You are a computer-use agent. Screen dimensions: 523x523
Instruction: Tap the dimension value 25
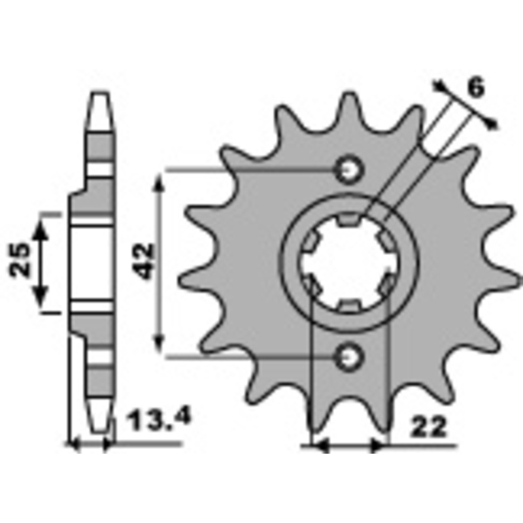coord(21,260)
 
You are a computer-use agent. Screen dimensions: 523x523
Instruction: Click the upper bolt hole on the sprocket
coord(347,170)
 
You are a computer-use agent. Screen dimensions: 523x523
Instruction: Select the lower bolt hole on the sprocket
coord(347,356)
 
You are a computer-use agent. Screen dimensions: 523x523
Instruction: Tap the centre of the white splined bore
coord(347,263)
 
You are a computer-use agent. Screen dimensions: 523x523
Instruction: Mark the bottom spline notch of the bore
coord(347,305)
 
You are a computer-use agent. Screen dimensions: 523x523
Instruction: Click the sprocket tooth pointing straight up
coord(348,105)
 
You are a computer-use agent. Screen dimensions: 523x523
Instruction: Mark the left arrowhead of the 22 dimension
coord(320,447)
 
